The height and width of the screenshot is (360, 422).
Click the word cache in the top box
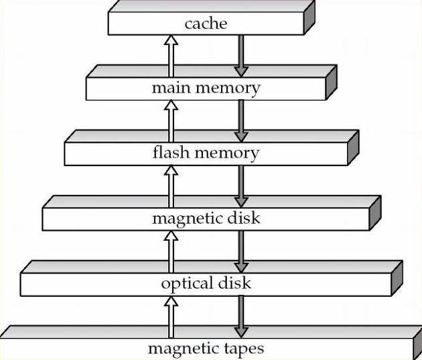206,23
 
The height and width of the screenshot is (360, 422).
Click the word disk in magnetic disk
244,218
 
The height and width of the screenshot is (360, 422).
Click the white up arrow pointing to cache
171,56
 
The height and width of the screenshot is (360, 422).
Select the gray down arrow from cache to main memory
241,56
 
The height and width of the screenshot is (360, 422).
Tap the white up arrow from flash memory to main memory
171,121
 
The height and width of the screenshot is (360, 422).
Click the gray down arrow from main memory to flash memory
241,121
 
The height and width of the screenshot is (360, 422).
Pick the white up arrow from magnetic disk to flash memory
171,186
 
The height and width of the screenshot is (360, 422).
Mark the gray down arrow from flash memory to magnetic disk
241,186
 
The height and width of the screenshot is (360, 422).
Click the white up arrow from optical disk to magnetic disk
171,252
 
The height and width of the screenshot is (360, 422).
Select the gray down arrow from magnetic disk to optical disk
241,252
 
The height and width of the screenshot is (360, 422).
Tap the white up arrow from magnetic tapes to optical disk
171,317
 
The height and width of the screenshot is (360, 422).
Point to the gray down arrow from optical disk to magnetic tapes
241,317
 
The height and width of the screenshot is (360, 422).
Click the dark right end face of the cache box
309,17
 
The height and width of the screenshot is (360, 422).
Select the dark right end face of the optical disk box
397,278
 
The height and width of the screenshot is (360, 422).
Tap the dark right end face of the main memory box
332,82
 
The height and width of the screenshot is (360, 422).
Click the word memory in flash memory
227,153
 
